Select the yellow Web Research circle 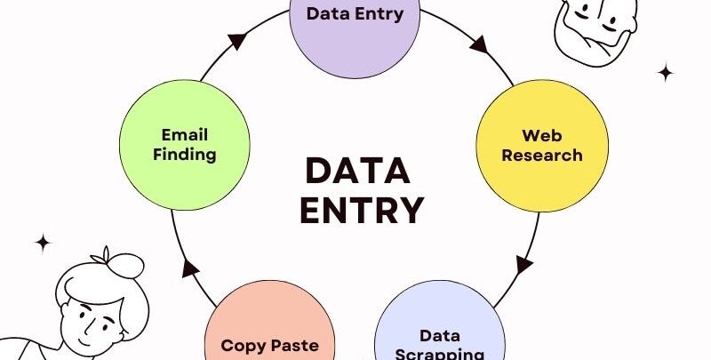click(542, 146)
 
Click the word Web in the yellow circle click(542, 136)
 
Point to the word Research click(542, 155)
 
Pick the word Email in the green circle click(184, 134)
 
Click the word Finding click(184, 154)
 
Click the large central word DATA click(357, 171)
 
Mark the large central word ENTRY click(361, 211)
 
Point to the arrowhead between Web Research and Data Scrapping click(524, 264)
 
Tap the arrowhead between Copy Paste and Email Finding click(188, 269)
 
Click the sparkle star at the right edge click(665, 72)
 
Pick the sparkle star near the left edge click(43, 242)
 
